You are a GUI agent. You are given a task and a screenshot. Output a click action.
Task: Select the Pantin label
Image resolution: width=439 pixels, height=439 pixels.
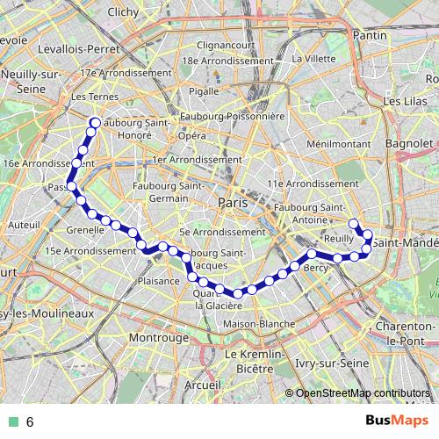363,35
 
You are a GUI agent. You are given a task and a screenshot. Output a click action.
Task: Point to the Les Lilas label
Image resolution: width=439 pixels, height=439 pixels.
403,102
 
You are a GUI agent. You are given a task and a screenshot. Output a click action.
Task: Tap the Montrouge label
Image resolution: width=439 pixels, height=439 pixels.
159,337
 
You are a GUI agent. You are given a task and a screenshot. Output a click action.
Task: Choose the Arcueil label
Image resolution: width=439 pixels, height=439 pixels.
204,384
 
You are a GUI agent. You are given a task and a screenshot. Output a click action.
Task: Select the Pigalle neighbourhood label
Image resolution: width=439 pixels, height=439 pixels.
203,91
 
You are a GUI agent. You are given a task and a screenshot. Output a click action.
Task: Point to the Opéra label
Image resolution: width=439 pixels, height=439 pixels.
191,136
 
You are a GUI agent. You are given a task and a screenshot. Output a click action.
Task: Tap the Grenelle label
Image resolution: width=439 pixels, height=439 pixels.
86,229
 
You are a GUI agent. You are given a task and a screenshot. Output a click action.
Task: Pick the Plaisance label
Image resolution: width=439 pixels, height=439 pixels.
159,280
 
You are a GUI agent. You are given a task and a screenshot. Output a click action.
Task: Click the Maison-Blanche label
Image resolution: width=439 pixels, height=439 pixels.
259,324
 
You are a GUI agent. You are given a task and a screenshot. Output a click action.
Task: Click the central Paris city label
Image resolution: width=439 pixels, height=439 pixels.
233,202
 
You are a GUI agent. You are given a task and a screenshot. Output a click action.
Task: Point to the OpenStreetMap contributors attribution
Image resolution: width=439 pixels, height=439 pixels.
362,393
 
